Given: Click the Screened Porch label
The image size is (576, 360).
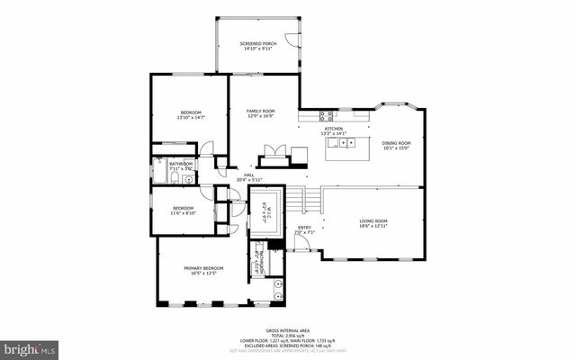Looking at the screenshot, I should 257,43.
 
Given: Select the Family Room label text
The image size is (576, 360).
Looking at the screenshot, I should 260,111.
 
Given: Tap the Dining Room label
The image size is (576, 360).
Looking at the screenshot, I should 396,143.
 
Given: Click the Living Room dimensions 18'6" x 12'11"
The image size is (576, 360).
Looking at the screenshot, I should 373,226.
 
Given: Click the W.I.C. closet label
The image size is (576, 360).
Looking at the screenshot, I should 265,211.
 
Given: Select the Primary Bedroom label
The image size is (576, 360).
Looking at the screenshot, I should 203,268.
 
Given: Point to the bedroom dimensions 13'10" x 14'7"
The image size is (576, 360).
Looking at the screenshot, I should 189,118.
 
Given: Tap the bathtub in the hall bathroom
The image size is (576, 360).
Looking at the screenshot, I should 160,173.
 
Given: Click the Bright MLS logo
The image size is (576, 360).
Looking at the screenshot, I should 30,346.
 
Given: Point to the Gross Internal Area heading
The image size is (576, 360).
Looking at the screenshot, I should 288,330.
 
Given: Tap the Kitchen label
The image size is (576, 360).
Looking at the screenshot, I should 334,129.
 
